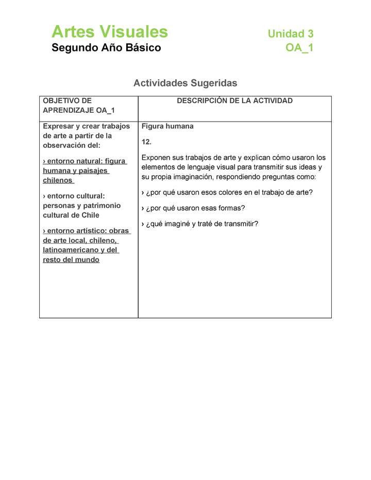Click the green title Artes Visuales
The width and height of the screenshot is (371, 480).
pyautogui.click(x=109, y=32)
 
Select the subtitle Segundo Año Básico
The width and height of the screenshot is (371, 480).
pyautogui.click(x=106, y=48)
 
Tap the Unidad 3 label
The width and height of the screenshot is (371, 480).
pyautogui.click(x=290, y=34)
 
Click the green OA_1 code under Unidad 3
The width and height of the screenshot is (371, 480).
pyautogui.click(x=299, y=48)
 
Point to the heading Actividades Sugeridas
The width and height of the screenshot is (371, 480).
pyautogui.click(x=185, y=83)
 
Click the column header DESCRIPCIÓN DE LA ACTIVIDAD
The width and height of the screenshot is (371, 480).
pyautogui.click(x=234, y=101)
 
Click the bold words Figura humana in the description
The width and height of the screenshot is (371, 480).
pyautogui.click(x=167, y=126)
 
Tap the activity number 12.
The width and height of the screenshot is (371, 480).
pyautogui.click(x=146, y=142)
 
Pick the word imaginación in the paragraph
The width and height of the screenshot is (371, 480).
pyautogui.click(x=194, y=177)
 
